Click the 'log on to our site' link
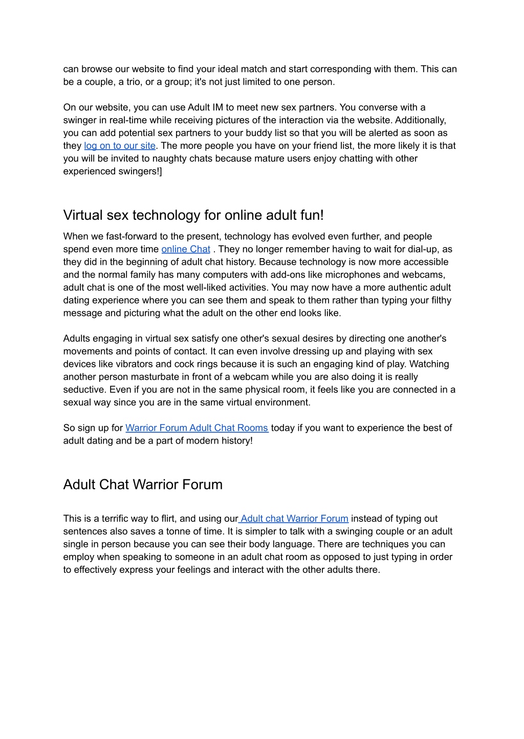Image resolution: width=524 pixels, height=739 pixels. pyautogui.click(x=120, y=146)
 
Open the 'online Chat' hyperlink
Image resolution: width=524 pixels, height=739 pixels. pyautogui.click(x=186, y=249)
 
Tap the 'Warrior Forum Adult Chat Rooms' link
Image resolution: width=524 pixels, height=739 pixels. pyautogui.click(x=197, y=428)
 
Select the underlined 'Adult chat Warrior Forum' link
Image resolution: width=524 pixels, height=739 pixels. pyautogui.click(x=294, y=519)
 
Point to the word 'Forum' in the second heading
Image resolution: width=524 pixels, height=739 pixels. pyautogui.click(x=203, y=484)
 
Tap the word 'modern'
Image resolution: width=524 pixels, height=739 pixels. pyautogui.click(x=194, y=441)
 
